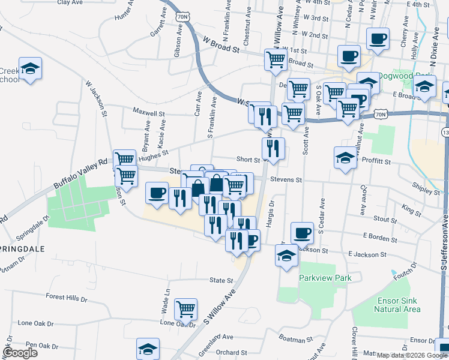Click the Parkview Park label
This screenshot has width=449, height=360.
point(325,278)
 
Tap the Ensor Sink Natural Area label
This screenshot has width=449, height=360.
point(397,304)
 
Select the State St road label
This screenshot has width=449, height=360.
point(221,280)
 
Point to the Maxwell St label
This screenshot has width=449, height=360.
point(149,112)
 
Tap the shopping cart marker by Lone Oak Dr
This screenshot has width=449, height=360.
point(186,310)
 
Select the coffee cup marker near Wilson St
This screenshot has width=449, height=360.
point(157,193)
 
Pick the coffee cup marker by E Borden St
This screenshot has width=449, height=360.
point(302,232)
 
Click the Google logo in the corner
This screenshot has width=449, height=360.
point(20,352)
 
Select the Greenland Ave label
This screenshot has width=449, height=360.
point(217,337)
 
